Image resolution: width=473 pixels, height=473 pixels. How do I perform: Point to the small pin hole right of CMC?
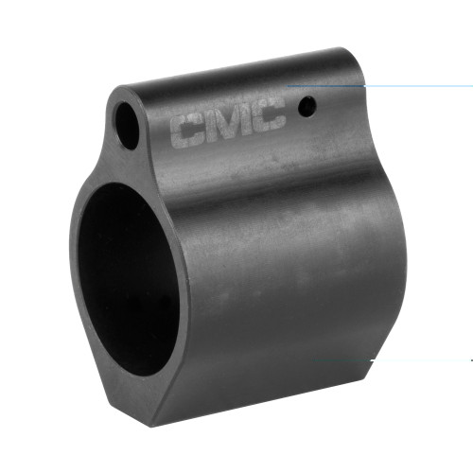coord(304,109)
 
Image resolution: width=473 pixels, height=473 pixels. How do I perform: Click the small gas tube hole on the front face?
coord(126,119)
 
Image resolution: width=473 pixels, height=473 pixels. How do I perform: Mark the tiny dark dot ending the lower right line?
coord(470,359)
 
